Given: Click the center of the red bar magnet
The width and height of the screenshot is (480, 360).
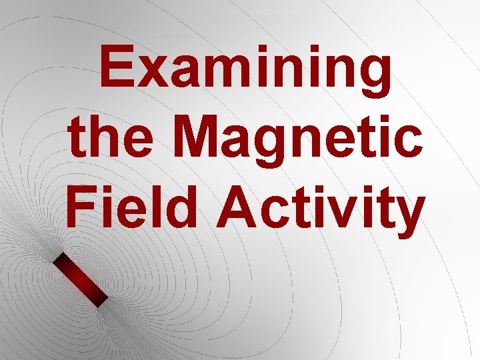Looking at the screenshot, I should pos(80,280).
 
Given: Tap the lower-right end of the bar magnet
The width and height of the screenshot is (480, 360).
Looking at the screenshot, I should pos(101,302).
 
